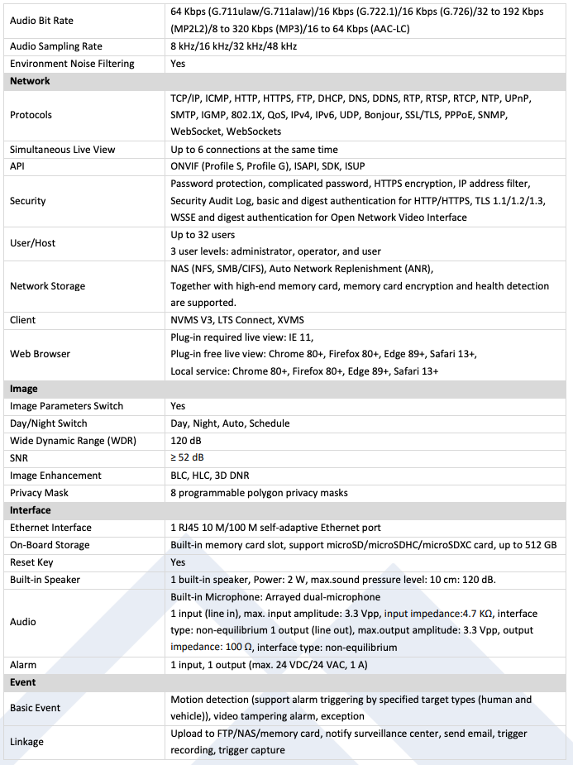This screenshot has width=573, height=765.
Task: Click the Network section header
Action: [x=30, y=81]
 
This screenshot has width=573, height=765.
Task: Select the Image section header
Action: [x=24, y=389]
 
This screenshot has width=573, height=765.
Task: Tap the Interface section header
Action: [x=30, y=510]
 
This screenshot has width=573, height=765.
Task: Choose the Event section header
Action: [x=23, y=682]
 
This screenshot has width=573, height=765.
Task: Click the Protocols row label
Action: [x=31, y=115]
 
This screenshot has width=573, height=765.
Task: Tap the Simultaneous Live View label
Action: [x=62, y=150]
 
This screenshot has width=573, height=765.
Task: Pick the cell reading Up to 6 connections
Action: [x=254, y=150]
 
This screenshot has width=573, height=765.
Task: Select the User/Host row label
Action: [x=33, y=243]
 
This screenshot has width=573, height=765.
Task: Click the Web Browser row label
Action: [x=40, y=354]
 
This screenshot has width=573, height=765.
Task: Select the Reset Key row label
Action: [x=33, y=562]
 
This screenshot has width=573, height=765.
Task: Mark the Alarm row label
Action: [x=23, y=665]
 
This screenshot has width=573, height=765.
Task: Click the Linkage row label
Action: [x=27, y=742]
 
